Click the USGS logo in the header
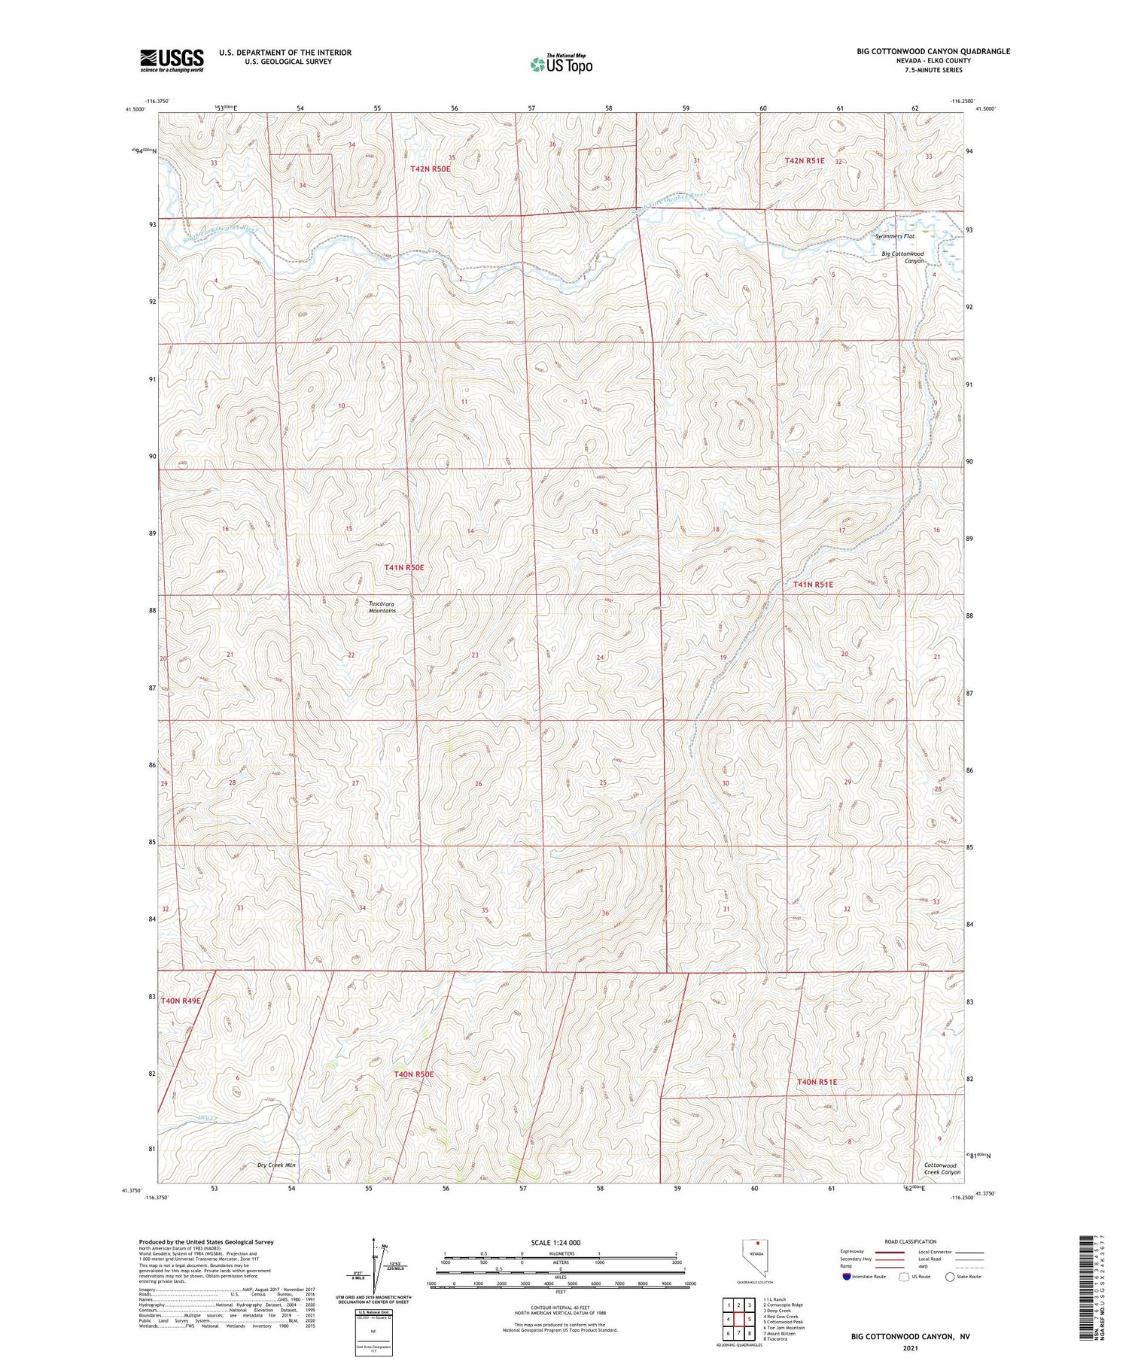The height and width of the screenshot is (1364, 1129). point(172,60)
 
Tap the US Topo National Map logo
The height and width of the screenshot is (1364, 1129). point(561,64)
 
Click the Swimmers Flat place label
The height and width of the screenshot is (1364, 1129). point(894,236)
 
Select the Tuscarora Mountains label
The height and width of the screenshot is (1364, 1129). point(382,607)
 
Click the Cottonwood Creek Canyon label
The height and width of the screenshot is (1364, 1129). point(942,1168)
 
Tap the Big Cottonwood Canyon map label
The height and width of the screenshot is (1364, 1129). point(902,257)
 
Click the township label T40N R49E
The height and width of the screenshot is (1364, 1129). point(181,1001)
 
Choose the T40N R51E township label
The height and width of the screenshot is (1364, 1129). point(817,1082)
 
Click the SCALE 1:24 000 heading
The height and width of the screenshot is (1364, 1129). point(555,1242)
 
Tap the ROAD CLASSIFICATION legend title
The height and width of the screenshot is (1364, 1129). point(910,1241)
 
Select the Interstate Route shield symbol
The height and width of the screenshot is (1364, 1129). point(848,1277)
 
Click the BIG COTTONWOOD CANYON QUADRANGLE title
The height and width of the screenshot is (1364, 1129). point(933,51)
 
